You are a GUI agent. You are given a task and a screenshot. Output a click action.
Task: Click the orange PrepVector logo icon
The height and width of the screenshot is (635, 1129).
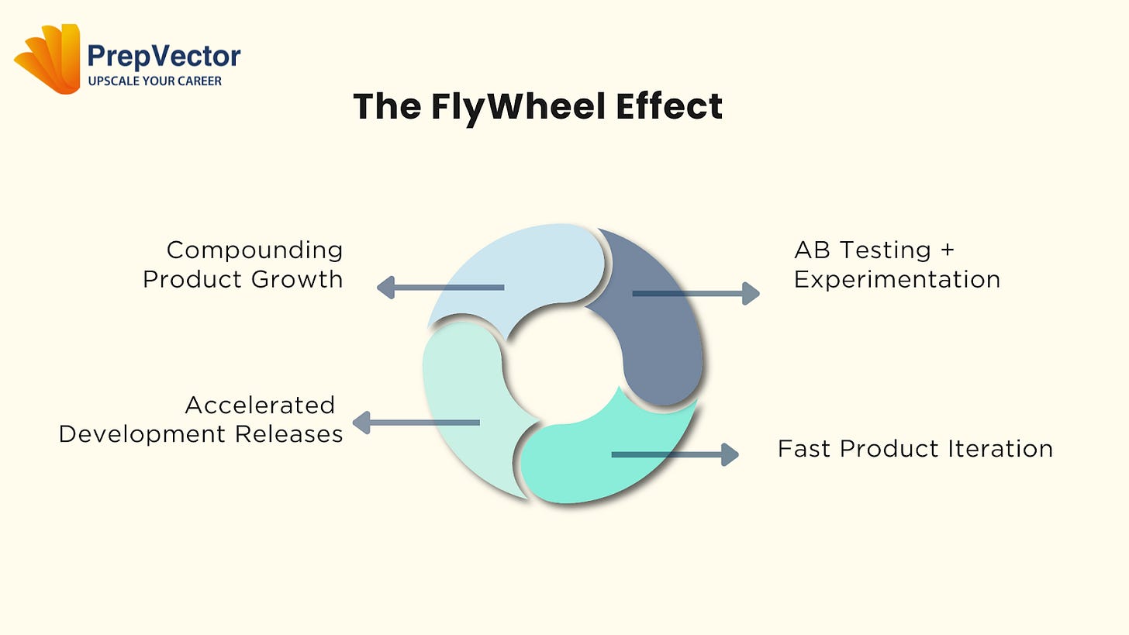tap(48, 60)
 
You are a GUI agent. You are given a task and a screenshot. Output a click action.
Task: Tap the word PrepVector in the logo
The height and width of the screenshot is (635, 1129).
tap(164, 56)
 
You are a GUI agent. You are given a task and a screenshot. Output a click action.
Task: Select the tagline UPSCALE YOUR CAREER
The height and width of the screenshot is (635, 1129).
tap(154, 81)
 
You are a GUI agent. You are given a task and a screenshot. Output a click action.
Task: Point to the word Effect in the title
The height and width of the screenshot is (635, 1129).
tap(669, 106)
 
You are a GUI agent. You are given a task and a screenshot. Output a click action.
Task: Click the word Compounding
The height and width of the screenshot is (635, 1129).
tap(254, 250)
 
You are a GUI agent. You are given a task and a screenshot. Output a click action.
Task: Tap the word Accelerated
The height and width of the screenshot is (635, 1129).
tap(260, 405)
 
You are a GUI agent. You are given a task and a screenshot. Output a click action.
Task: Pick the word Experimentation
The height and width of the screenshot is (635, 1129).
tap(897, 278)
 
